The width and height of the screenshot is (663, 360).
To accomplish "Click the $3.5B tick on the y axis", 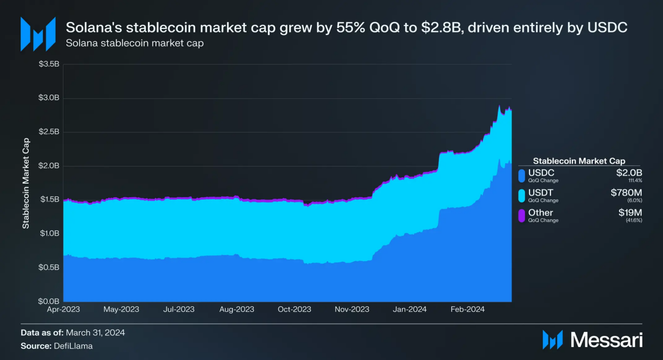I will [x=49, y=64].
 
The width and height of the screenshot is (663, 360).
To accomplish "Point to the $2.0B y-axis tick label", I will [x=49, y=166].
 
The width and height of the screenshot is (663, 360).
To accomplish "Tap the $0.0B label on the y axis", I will [x=49, y=301].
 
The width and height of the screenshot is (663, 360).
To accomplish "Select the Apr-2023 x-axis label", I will [x=63, y=309].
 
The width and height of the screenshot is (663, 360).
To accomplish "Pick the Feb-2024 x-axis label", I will [x=467, y=309].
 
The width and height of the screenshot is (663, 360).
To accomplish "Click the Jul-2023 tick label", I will [x=178, y=309].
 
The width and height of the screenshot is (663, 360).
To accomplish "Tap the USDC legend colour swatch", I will [x=521, y=175].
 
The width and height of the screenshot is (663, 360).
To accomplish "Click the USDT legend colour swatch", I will [x=521, y=195].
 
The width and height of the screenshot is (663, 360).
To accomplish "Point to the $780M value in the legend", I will [x=626, y=193].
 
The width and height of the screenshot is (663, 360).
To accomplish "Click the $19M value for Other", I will [x=631, y=212].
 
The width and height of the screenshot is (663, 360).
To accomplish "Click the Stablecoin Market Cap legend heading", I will [x=579, y=161].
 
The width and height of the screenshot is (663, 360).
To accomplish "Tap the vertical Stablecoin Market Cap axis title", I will [x=26, y=183].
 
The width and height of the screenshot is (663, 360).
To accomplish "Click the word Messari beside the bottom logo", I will [x=606, y=340].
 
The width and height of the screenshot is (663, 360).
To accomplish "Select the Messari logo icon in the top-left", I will [x=38, y=34].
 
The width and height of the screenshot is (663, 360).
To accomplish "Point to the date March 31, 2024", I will [x=95, y=332].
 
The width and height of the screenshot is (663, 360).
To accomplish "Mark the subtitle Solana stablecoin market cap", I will [x=135, y=43].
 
